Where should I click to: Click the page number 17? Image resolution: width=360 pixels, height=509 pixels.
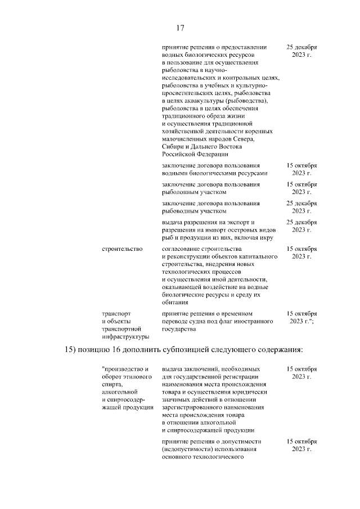tap(181, 28)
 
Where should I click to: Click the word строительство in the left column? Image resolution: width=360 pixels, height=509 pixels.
tap(121, 248)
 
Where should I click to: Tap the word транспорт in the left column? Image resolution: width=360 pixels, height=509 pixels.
tap(115, 313)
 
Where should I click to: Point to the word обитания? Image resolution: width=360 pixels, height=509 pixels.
tap(174, 302)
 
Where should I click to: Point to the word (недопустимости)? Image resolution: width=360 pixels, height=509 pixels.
tap(188, 450)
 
